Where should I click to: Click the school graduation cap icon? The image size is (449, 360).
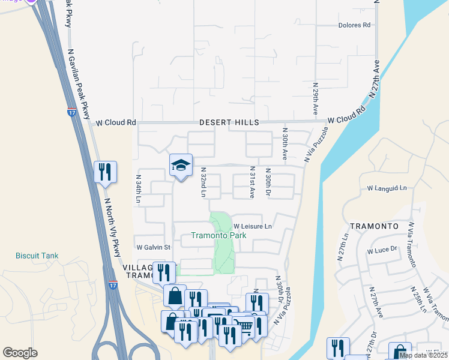click(x=181, y=166)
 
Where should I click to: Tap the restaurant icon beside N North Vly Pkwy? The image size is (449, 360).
click(x=105, y=173)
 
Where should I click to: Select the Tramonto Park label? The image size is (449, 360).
click(x=218, y=236)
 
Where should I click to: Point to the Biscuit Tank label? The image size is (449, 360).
click(x=37, y=256)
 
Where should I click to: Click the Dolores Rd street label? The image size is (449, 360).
click(x=355, y=25)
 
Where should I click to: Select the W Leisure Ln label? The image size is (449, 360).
click(x=253, y=226)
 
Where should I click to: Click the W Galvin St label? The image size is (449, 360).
click(x=153, y=247)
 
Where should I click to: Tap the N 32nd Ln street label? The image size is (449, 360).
click(x=203, y=182)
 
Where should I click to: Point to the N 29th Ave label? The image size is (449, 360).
click(x=315, y=100)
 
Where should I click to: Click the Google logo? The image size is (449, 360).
click(x=20, y=353)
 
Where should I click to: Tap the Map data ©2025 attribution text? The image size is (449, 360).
click(x=423, y=355)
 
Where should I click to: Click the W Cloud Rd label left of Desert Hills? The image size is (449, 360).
click(x=116, y=122)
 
